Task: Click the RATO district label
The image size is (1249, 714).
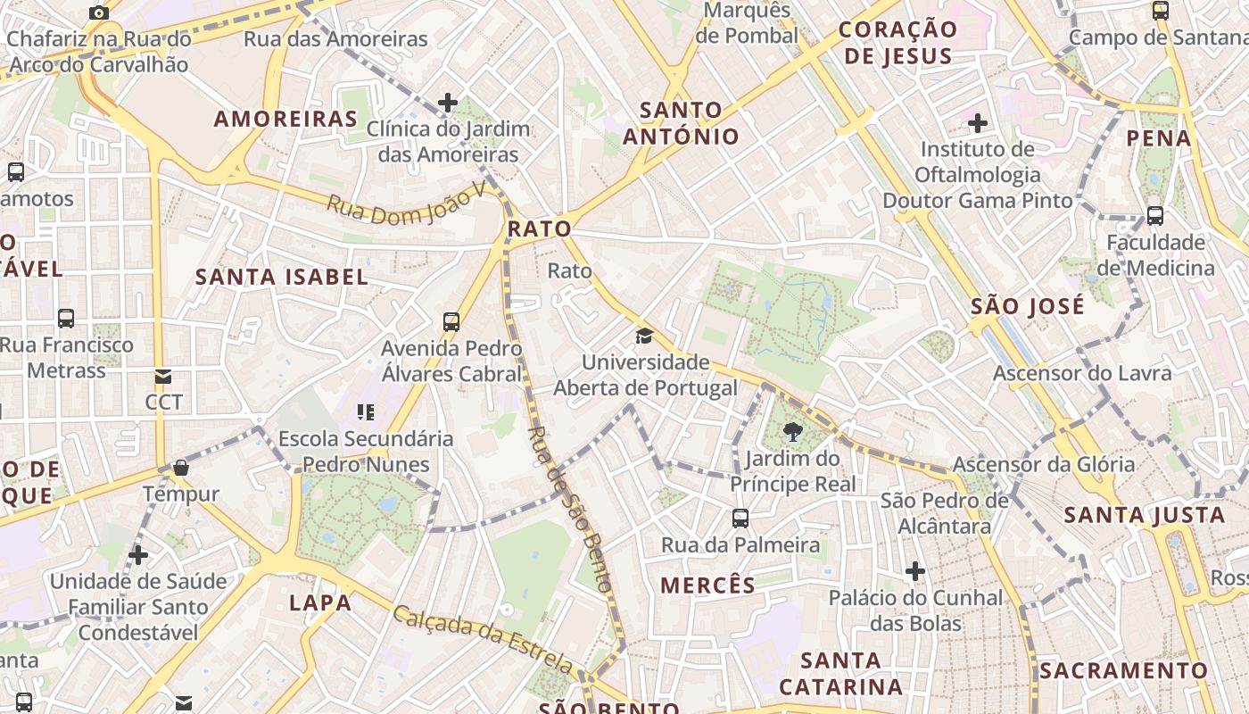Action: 539,229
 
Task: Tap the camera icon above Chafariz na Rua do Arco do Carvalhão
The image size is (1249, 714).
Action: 99,13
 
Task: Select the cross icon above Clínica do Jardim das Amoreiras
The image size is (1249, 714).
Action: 448,103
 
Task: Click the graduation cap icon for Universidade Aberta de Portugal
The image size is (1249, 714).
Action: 644,336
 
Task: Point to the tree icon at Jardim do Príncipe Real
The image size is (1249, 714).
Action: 791,433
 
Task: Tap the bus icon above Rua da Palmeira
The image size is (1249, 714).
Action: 740,518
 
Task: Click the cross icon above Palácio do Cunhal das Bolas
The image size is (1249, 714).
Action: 915,570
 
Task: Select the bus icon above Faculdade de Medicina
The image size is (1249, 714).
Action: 1155,215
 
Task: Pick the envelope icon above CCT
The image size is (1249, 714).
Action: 163,377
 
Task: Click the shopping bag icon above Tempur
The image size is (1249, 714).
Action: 181,468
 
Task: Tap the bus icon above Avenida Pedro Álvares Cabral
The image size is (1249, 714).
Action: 451,321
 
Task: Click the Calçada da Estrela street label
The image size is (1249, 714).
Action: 483,639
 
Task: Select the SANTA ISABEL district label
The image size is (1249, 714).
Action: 282,277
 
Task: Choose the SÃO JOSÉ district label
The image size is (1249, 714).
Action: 1028,306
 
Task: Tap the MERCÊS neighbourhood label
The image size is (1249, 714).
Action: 707,585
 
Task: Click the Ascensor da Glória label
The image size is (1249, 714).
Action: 1044,464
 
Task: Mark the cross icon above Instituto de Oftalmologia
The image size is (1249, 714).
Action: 978,122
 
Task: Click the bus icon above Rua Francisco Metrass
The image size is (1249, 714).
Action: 66,318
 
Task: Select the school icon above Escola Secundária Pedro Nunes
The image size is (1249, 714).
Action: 366,412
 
